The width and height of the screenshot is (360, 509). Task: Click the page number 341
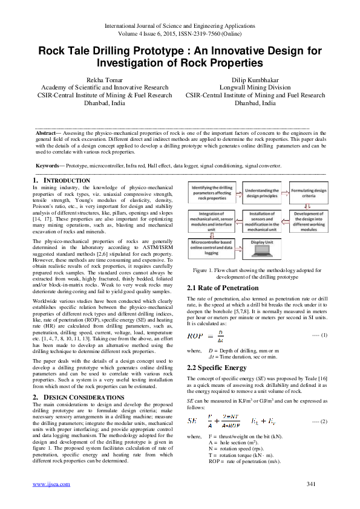click(312, 484)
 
